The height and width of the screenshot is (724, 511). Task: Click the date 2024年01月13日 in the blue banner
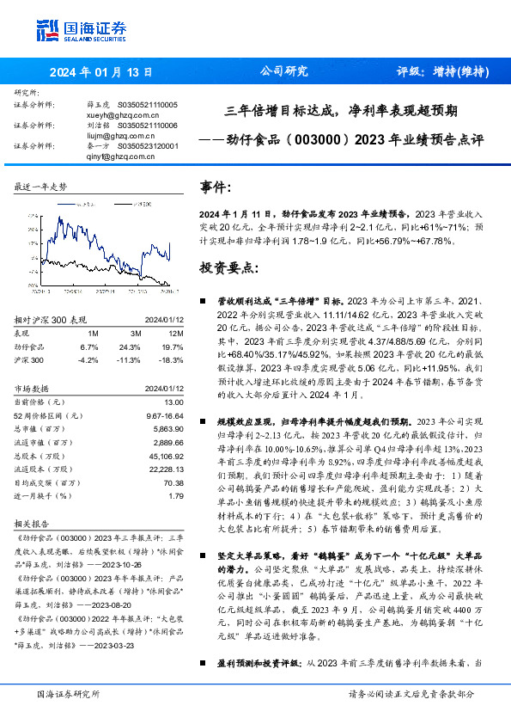[101, 72]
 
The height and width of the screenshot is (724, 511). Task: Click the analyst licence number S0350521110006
[149, 125]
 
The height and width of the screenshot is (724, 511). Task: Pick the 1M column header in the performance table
[93, 333]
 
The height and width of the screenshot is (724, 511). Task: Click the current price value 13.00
[174, 402]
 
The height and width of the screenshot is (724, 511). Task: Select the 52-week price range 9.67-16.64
[161, 414]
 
